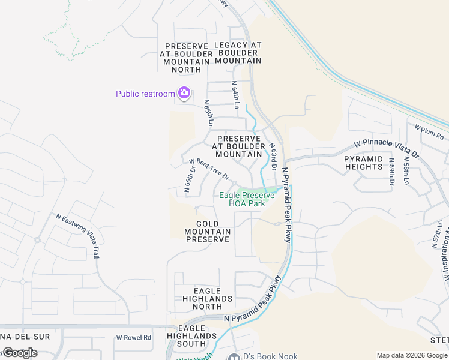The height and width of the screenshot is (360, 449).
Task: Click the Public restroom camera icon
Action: pyautogui.click(x=184, y=93)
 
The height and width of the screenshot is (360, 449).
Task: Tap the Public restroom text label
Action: pyautogui.click(x=145, y=94)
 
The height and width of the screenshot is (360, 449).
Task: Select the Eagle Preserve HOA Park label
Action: pyautogui.click(x=247, y=199)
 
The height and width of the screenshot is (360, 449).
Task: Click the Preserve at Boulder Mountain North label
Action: pyautogui.click(x=186, y=58)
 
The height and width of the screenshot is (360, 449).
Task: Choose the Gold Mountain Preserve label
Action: pyautogui.click(x=207, y=232)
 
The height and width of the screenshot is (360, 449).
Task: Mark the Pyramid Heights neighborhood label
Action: pyautogui.click(x=364, y=163)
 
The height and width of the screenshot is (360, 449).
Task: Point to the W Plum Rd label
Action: pyautogui.click(x=429, y=127)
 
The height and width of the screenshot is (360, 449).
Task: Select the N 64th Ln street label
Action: pyautogui.click(x=236, y=94)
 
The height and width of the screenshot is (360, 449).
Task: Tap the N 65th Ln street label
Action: pyautogui.click(x=208, y=112)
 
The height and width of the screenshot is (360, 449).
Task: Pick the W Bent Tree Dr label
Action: pyautogui.click(x=209, y=169)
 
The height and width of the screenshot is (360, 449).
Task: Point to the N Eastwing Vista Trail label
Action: pyautogui.click(x=77, y=235)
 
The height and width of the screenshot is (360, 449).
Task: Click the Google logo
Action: pyautogui.click(x=20, y=353)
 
